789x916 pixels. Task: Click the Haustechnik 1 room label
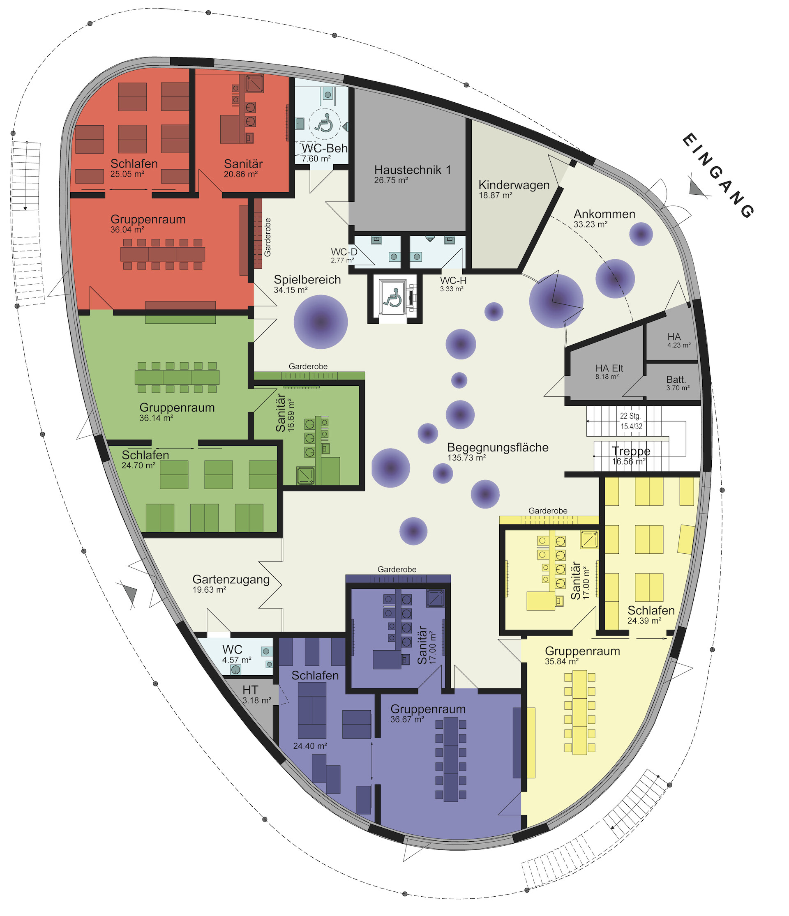click(412, 170)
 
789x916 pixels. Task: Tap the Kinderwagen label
click(514, 185)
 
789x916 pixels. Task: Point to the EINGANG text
click(717, 176)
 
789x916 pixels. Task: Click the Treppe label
click(631, 451)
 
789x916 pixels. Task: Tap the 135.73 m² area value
click(466, 458)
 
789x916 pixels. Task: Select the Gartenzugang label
click(231, 580)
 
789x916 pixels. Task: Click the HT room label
click(250, 690)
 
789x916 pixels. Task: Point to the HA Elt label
click(609, 368)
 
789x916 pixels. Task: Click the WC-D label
click(344, 252)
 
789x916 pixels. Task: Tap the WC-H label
click(453, 281)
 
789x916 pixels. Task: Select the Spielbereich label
click(307, 279)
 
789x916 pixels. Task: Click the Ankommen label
click(604, 214)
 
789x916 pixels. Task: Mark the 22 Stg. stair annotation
click(630, 416)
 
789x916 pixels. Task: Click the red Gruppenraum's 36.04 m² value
click(127, 230)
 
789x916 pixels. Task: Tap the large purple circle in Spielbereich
click(321, 322)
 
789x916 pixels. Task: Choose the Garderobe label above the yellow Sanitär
click(547, 511)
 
